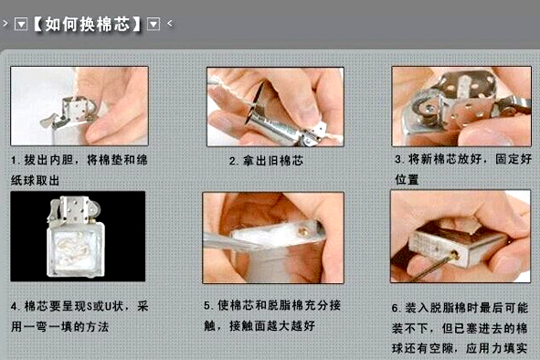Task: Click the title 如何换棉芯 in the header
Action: coord(88,24)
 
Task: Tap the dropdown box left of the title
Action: coord(21,24)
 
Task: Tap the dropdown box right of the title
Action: coord(154,24)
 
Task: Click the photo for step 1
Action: coord(79,106)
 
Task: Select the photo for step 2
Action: coord(275,107)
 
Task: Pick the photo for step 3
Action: coord(461,107)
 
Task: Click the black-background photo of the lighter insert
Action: coord(78,237)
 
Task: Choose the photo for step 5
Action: coord(273,238)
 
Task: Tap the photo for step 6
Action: coord(461,237)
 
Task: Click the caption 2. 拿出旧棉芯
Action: coord(266,161)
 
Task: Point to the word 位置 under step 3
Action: coord(407,179)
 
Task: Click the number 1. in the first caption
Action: coord(15,160)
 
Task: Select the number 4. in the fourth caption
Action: coord(16,306)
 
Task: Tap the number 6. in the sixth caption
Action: coord(396,308)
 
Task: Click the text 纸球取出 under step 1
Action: coord(35,180)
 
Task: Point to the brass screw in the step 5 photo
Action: coord(303,231)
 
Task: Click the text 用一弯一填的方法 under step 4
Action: coord(60,326)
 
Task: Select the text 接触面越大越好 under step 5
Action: coord(272,325)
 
